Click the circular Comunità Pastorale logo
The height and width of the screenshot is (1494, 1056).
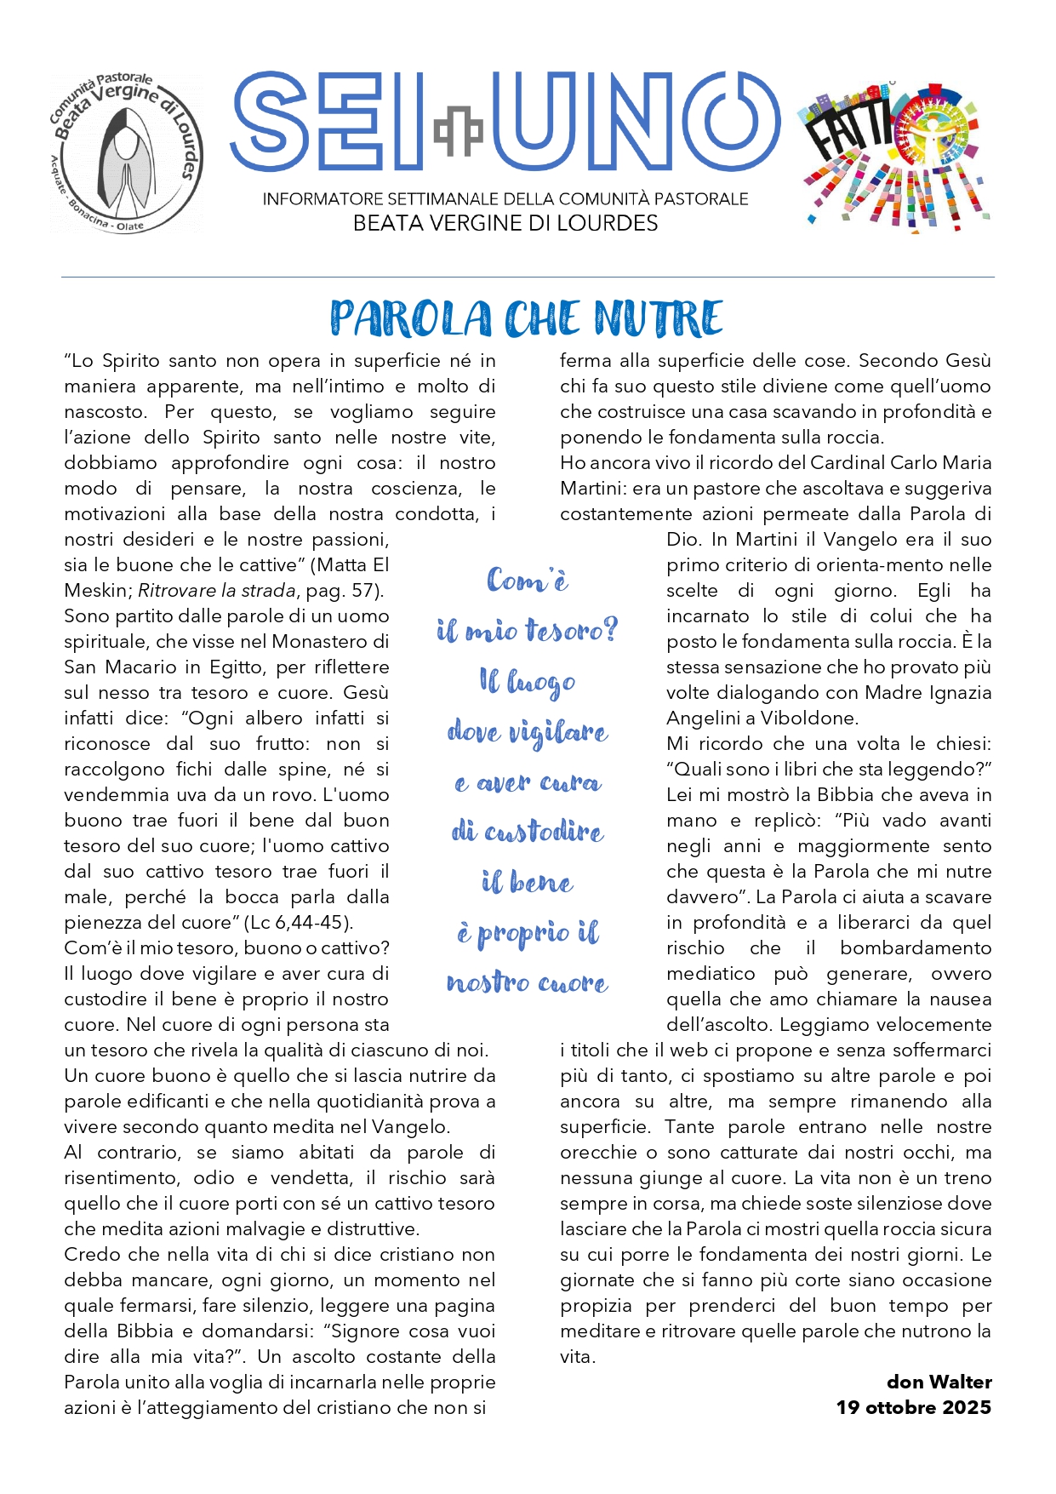tap(126, 153)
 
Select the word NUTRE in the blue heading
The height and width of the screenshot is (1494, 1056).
tap(659, 319)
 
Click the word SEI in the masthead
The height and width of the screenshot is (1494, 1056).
tap(328, 122)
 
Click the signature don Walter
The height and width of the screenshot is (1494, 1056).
tap(939, 1382)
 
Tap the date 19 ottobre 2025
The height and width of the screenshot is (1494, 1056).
tap(913, 1407)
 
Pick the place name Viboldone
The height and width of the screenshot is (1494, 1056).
tap(809, 718)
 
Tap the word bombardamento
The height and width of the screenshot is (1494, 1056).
tap(916, 948)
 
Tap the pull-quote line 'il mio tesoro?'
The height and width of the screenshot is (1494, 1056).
tap(527, 631)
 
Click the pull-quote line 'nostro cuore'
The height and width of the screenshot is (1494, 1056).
tap(527, 983)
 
